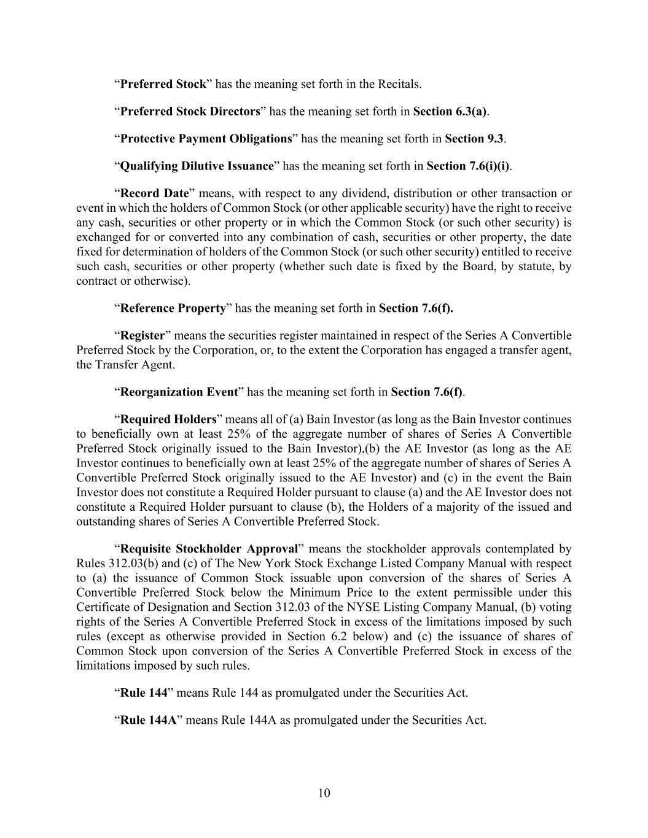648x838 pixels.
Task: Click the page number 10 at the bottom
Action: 324,793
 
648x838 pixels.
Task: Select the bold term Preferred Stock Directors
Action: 190,112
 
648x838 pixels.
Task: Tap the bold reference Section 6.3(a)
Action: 450,112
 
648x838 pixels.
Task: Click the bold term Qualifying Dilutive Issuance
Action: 197,166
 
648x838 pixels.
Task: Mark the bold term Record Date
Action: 154,193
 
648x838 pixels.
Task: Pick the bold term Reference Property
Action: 173,308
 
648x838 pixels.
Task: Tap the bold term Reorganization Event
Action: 179,392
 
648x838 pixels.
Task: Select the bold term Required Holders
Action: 168,420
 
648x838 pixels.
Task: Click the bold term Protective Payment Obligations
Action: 206,139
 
